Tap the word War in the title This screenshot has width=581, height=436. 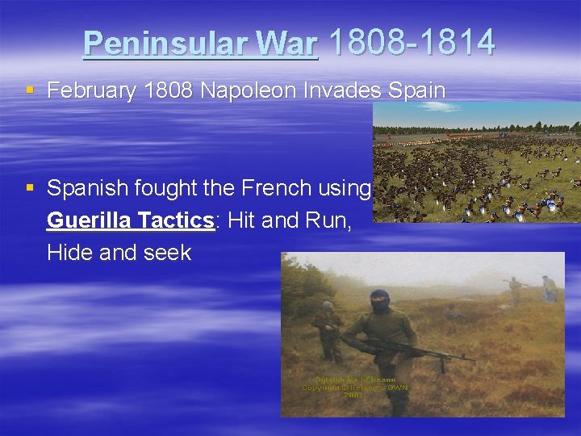pyautogui.click(x=289, y=44)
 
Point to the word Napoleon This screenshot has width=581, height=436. pyautogui.click(x=252, y=90)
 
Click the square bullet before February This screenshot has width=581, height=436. pyautogui.click(x=30, y=90)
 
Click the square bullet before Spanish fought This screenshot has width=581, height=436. pyautogui.click(x=30, y=188)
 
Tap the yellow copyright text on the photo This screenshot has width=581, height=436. pyautogui.click(x=356, y=387)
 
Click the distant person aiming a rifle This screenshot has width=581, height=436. pyautogui.click(x=513, y=289)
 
